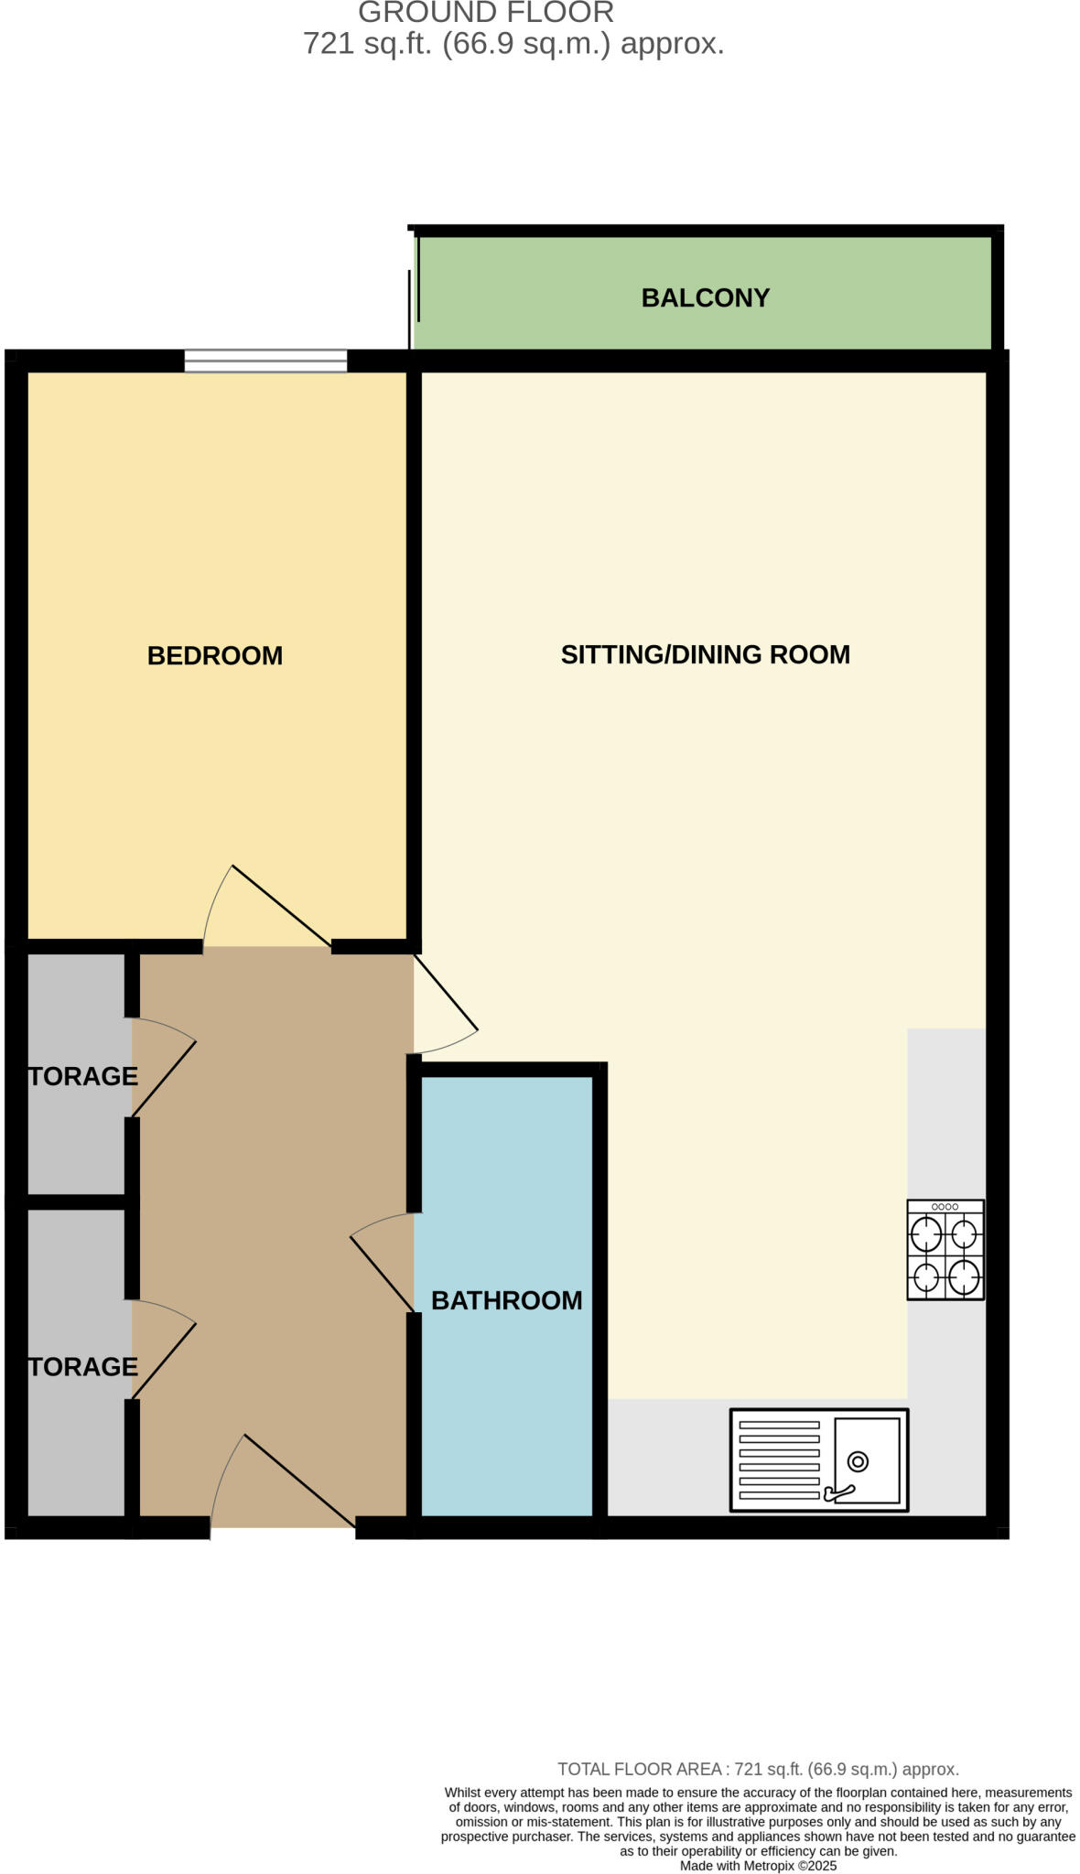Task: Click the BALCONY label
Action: coord(705,298)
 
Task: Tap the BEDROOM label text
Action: coord(215,655)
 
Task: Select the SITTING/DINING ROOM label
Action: coord(705,654)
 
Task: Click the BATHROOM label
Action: coord(506,1300)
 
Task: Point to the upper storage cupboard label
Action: coord(82,1076)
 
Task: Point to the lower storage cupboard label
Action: coord(82,1366)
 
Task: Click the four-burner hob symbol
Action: coord(945,1249)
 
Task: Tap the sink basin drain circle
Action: coord(858,1461)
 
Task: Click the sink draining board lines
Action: coord(779,1459)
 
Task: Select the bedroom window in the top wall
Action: coord(265,361)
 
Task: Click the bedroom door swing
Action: coord(265,906)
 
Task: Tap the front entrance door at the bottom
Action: coord(284,1482)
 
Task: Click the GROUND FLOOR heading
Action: coord(486,13)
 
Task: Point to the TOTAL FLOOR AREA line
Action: coord(758,1769)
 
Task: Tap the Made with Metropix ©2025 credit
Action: coord(758,1865)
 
